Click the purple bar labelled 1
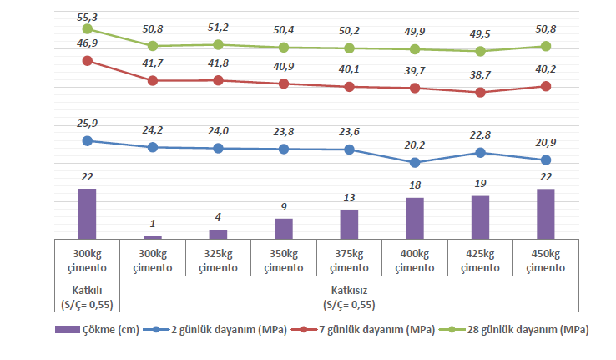pos(153,237)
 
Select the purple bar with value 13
pos(349,225)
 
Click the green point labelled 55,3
pos(87,29)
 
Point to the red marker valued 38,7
pos(480,92)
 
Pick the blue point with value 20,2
pos(415,162)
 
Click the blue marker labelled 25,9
pos(87,140)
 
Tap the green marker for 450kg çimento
pos(546,46)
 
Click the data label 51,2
pos(218,28)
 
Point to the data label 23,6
pos(349,131)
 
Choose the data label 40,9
pos(284,67)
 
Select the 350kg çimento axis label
pos(284,261)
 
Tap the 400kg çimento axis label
pos(415,261)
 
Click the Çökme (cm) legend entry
pos(98,329)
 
